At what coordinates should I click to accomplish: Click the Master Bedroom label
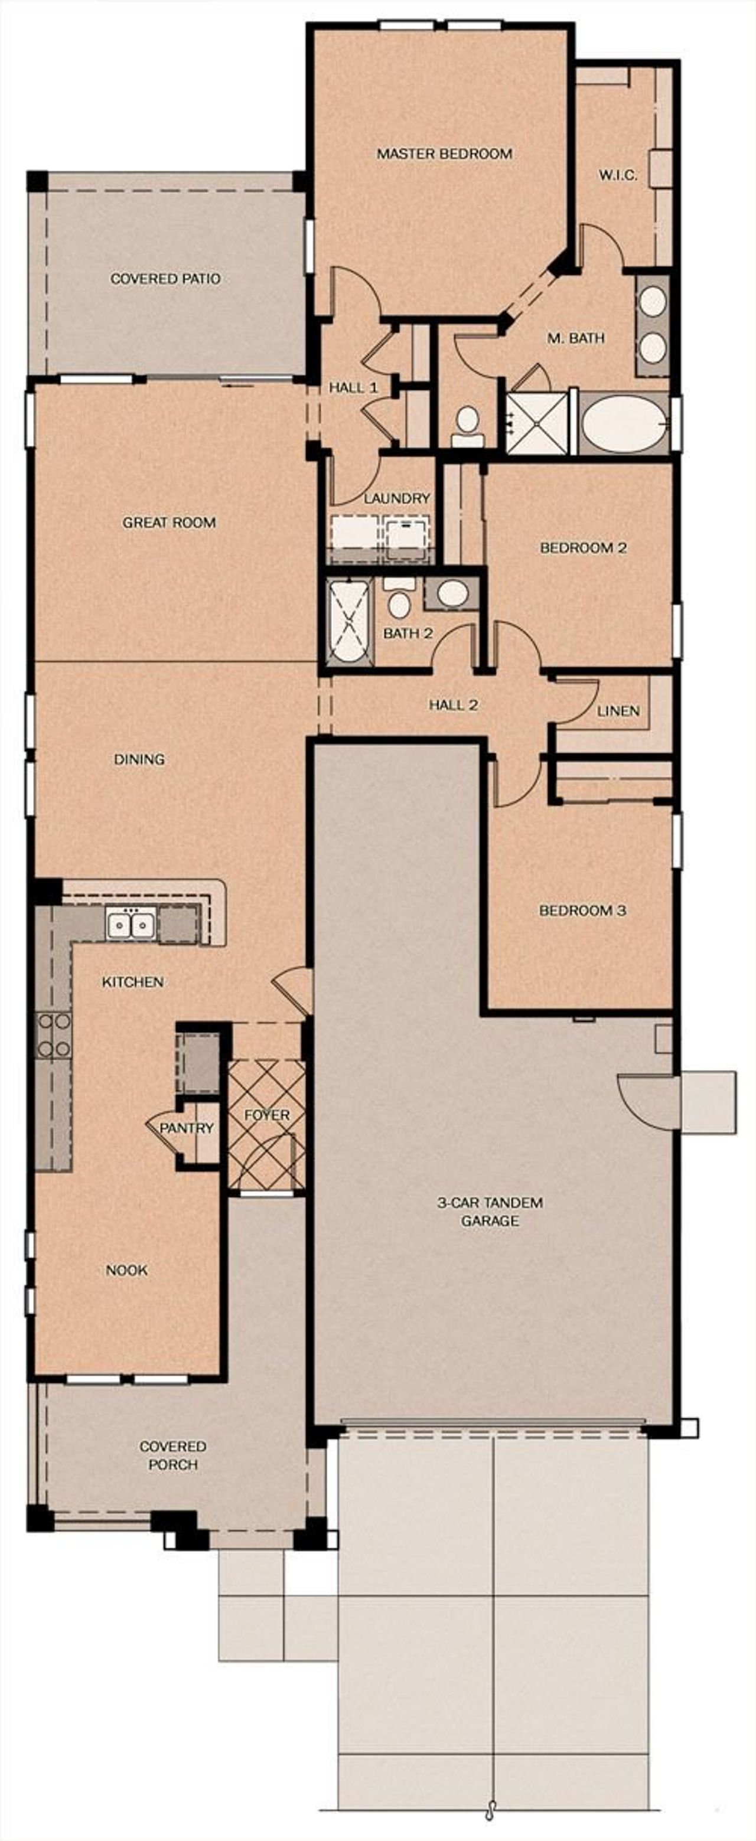[x=444, y=154]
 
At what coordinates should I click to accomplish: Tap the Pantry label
[x=187, y=1128]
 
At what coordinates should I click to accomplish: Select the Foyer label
[x=267, y=1115]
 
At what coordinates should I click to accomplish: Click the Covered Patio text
[x=165, y=279]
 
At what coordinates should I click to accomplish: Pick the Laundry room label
[x=397, y=498]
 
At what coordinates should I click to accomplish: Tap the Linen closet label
[x=618, y=711]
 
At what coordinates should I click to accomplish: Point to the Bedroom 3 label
[x=582, y=910]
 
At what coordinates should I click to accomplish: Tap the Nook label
[x=126, y=1270]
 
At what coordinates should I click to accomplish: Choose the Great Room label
[x=169, y=523]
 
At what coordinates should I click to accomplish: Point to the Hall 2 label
[x=453, y=704]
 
